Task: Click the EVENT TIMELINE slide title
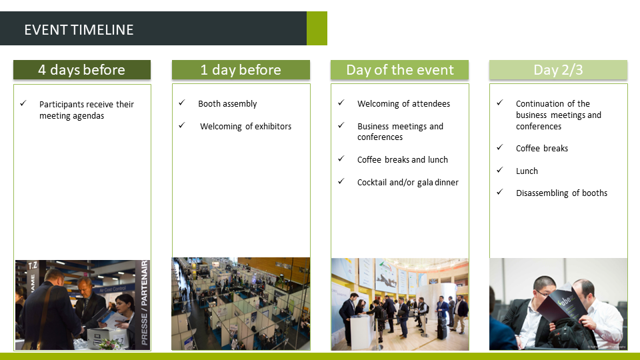click(79, 30)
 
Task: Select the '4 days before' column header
click(82, 70)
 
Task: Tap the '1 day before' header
click(241, 70)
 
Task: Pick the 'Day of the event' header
click(399, 70)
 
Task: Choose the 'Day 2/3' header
click(559, 70)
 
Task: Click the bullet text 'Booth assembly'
click(227, 104)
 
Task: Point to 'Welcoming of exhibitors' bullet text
click(246, 127)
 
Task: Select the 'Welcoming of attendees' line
click(404, 104)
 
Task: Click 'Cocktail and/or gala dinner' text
click(408, 183)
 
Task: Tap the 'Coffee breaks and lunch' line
click(403, 159)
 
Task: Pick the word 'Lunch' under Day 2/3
click(527, 171)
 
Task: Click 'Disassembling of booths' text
click(561, 193)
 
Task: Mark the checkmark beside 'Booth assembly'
click(181, 103)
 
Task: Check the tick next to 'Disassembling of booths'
click(499, 192)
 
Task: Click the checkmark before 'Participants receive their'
click(23, 103)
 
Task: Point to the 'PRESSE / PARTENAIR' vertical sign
click(144, 303)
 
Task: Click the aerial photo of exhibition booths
click(241, 304)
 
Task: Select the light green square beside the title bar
click(317, 28)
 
